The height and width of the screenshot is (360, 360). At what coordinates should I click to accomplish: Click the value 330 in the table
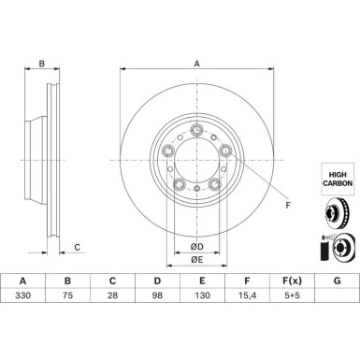tap(22, 295)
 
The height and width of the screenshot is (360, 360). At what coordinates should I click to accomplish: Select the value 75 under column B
tap(67, 295)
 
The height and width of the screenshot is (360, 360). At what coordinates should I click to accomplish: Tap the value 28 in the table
tap(112, 295)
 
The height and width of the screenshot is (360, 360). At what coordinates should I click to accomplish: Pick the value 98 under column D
tap(157, 295)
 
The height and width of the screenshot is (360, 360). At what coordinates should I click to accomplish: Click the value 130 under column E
tap(202, 295)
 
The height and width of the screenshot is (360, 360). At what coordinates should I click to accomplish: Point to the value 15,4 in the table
tap(247, 295)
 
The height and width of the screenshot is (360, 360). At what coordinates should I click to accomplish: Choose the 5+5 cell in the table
tap(292, 295)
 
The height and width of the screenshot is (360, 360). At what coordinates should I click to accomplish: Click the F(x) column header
tap(292, 281)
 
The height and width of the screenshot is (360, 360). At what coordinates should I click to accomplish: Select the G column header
tap(337, 281)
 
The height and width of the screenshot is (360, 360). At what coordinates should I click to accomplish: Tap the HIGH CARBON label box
tap(338, 179)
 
